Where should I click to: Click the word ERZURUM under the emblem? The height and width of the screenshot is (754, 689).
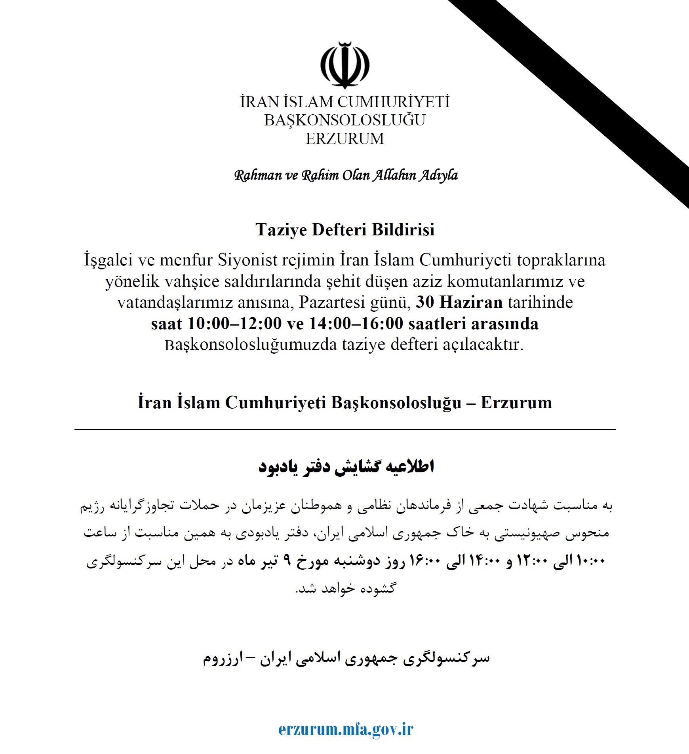click(344, 139)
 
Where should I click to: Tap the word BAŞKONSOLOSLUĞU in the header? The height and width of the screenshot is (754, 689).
click(344, 120)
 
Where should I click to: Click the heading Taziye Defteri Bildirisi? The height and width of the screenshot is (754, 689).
click(345, 229)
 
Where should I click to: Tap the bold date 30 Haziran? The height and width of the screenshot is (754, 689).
click(459, 302)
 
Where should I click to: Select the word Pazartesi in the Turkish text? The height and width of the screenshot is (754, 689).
click(332, 302)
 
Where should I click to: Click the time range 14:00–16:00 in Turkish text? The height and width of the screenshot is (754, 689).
click(356, 324)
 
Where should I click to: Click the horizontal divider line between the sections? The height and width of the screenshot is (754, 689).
click(344, 429)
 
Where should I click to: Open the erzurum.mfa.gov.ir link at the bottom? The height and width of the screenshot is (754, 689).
click(345, 729)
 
